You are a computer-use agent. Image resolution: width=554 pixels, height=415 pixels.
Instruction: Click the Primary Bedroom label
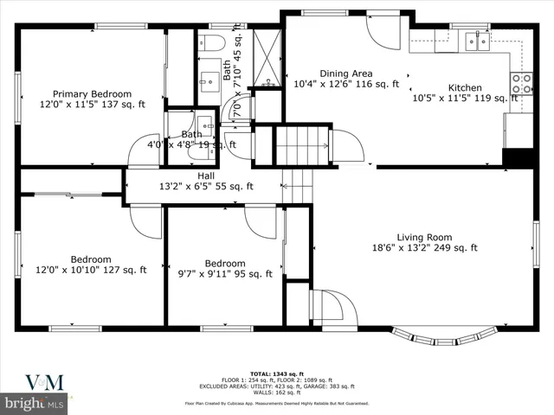(x=92, y=93)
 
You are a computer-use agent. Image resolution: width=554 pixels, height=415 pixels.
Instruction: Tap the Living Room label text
(x=424, y=237)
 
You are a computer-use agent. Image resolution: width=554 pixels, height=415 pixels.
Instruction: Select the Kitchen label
(x=464, y=87)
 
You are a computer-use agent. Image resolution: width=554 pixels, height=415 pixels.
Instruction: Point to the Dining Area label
(x=346, y=73)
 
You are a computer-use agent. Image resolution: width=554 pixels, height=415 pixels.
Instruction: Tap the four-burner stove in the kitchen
(x=522, y=83)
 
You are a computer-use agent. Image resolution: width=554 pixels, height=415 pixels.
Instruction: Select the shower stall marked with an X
(x=267, y=59)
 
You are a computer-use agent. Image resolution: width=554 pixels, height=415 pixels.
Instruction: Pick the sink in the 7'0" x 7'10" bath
(x=209, y=82)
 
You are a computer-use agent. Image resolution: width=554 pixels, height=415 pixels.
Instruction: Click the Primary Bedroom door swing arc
(x=143, y=150)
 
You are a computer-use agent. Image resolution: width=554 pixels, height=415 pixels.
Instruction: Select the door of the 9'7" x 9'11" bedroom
(x=260, y=222)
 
